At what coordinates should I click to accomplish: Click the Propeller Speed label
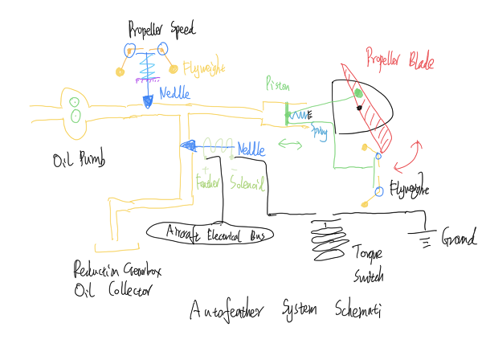pyautogui.click(x=161, y=31)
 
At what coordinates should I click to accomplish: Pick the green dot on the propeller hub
pyautogui.click(x=358, y=93)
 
